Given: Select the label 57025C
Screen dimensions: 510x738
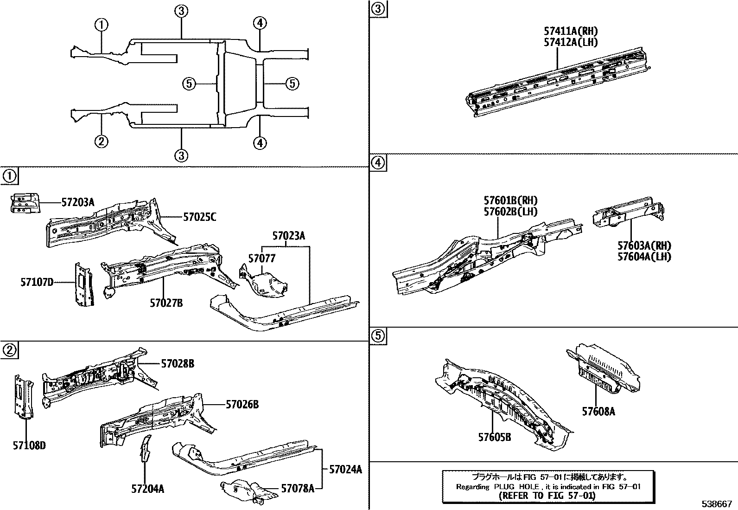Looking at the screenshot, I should pyautogui.click(x=199, y=217).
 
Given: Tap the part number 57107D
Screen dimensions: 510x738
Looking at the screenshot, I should pyautogui.click(x=37, y=282).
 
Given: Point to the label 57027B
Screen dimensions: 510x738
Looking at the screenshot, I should pyautogui.click(x=166, y=303).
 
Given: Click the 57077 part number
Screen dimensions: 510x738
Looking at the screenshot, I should pyautogui.click(x=261, y=258).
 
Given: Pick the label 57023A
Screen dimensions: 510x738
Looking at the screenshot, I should pyautogui.click(x=289, y=236).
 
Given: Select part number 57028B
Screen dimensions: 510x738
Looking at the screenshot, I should pyautogui.click(x=178, y=364).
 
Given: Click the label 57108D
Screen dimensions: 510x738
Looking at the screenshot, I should pyautogui.click(x=29, y=445).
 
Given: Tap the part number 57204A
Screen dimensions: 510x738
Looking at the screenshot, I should pyautogui.click(x=147, y=489).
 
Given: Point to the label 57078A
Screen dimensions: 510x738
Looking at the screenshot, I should pyautogui.click(x=298, y=488).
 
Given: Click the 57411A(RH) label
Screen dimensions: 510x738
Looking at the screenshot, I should pyautogui.click(x=571, y=31).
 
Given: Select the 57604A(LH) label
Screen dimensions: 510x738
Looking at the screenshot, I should pyautogui.click(x=644, y=257).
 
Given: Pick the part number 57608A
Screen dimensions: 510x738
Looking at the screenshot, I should pyautogui.click(x=598, y=411).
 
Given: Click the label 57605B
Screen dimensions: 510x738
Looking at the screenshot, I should pyautogui.click(x=495, y=437).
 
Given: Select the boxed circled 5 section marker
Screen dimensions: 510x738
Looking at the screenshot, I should pyautogui.click(x=378, y=336).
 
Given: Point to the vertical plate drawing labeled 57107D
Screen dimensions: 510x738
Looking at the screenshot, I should pyautogui.click(x=83, y=284).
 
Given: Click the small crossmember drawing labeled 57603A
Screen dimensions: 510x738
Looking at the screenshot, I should pyautogui.click(x=628, y=212).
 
